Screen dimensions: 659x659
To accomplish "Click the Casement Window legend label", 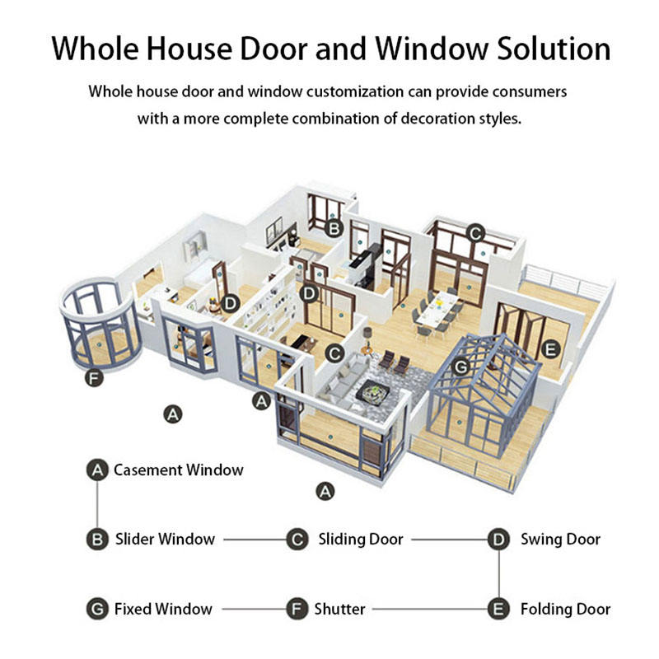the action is pos(179,470).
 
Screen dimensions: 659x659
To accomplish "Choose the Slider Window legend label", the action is pos(165,540).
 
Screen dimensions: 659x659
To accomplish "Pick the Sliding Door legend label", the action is pos(361,540).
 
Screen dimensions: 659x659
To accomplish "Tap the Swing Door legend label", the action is pos(560,540).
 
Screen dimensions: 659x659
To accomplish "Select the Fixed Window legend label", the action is pos(163,610).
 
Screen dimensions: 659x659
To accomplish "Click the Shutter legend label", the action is pos(339,610).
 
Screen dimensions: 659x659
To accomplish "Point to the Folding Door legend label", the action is pos(565,610).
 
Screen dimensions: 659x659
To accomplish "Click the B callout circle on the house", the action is pos(334,228).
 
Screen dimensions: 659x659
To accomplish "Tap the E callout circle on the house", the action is pos(550,348).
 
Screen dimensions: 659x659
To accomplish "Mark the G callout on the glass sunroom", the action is pos(462,365).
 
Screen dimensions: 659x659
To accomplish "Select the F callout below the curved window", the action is pos(94,380).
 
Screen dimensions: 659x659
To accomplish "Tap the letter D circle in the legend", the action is pos(498,540).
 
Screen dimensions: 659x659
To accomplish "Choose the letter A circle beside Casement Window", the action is pos(98,470).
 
